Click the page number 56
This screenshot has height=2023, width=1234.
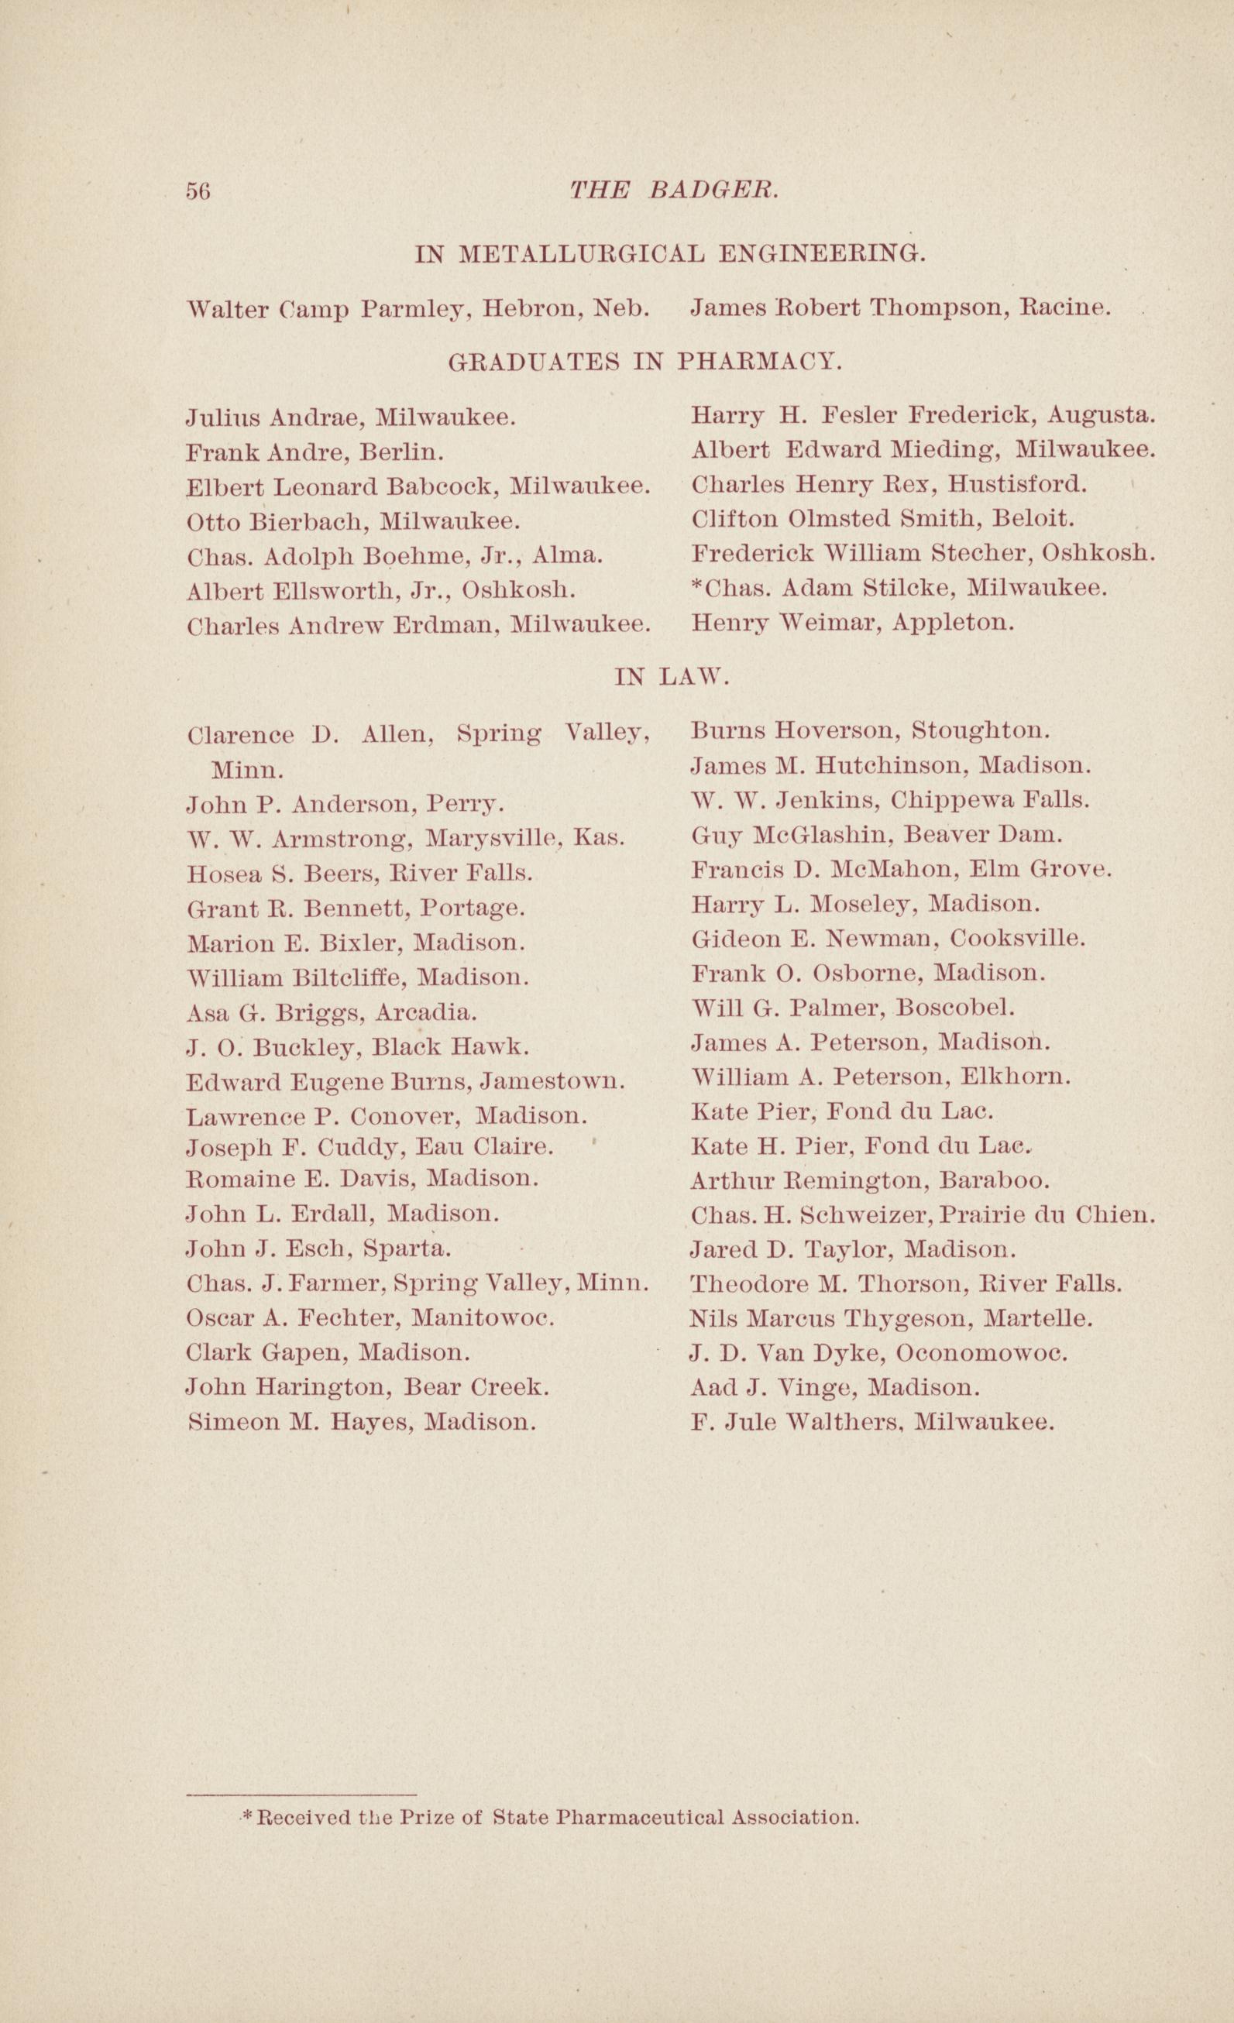tap(198, 191)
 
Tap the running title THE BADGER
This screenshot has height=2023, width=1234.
tap(673, 191)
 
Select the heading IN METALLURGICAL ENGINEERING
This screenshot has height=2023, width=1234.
tap(670, 255)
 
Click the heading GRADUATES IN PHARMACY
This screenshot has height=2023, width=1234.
tap(644, 361)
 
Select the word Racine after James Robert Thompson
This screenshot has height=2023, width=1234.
tap(1066, 309)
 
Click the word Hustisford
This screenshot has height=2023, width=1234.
tap(1018, 484)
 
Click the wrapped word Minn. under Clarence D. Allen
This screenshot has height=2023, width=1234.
tap(248, 771)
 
